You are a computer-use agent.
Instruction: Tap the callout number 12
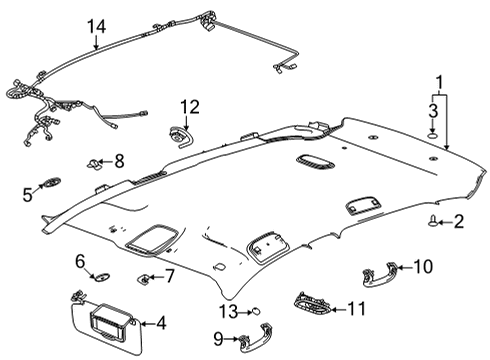pyautogui.click(x=189, y=105)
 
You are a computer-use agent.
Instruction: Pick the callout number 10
pyautogui.click(x=423, y=266)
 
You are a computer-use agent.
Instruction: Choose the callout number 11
pyautogui.click(x=356, y=311)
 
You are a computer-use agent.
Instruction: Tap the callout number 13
pyautogui.click(x=228, y=312)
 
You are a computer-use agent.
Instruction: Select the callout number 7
pyautogui.click(x=170, y=275)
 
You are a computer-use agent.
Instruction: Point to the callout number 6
pyautogui.click(x=80, y=261)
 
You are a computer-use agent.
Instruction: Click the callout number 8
pyautogui.click(x=119, y=160)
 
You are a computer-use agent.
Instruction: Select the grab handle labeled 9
pyautogui.click(x=255, y=340)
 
